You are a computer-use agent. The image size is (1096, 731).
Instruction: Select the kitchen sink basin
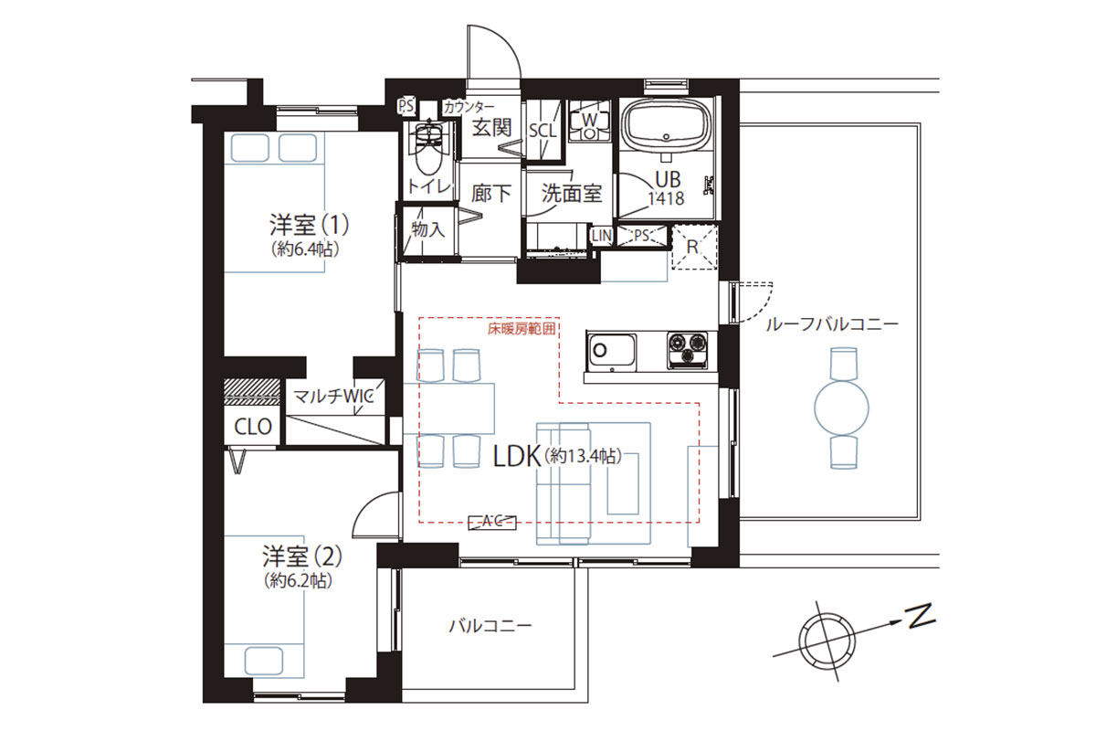pyautogui.click(x=612, y=352)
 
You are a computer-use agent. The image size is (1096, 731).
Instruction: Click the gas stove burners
pyautogui.click(x=687, y=350)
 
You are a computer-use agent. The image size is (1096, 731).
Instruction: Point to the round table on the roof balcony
pyautogui.click(x=841, y=408)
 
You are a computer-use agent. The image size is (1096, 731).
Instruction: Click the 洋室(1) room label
pyautogui.click(x=310, y=225)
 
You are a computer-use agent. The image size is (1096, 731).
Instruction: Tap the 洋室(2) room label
pyautogui.click(x=302, y=556)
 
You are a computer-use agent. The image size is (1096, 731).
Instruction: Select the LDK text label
pyautogui.click(x=517, y=456)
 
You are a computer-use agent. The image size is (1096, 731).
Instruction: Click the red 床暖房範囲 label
pyautogui.click(x=522, y=329)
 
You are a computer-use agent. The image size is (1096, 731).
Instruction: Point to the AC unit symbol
pyautogui.click(x=492, y=523)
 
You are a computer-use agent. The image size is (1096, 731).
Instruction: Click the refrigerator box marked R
pyautogui.click(x=694, y=248)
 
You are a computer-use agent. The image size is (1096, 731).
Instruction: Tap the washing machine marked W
pyautogui.click(x=590, y=122)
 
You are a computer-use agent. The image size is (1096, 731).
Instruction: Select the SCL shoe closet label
pyautogui.click(x=543, y=131)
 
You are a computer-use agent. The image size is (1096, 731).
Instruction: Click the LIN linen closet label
pyautogui.click(x=602, y=236)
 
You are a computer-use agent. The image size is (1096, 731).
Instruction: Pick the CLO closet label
pyautogui.click(x=253, y=427)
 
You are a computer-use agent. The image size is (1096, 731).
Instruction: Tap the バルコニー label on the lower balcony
pyautogui.click(x=490, y=626)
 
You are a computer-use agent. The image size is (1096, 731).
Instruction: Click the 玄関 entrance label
pyautogui.click(x=491, y=128)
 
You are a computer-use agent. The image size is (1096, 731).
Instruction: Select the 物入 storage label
pyautogui.click(x=428, y=229)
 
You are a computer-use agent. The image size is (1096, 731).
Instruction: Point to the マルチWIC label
pyautogui.click(x=334, y=396)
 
